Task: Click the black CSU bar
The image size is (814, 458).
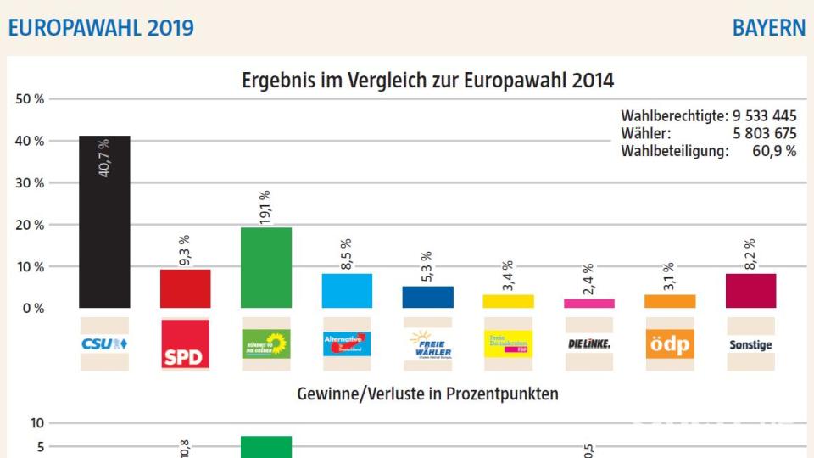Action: [104, 222]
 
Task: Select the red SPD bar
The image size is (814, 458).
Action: [186, 288]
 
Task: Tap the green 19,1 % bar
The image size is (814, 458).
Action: [266, 267]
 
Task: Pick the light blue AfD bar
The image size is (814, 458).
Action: [347, 290]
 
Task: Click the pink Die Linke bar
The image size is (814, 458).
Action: [589, 303]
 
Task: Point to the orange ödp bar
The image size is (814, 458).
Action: [670, 301]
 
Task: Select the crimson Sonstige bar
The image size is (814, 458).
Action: [750, 290]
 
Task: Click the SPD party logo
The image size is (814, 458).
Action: [186, 343]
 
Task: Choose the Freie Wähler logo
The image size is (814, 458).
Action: [428, 343]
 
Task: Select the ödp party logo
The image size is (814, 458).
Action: [670, 343]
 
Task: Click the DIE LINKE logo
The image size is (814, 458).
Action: [589, 343]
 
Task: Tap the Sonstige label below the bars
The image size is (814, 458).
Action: [750, 345]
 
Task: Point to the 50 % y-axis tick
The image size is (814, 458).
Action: [30, 99]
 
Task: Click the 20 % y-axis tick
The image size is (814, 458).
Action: [30, 225]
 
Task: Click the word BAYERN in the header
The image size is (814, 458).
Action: [769, 28]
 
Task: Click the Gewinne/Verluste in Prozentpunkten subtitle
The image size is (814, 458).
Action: [427, 394]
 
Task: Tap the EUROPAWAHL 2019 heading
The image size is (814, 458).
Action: [101, 28]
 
